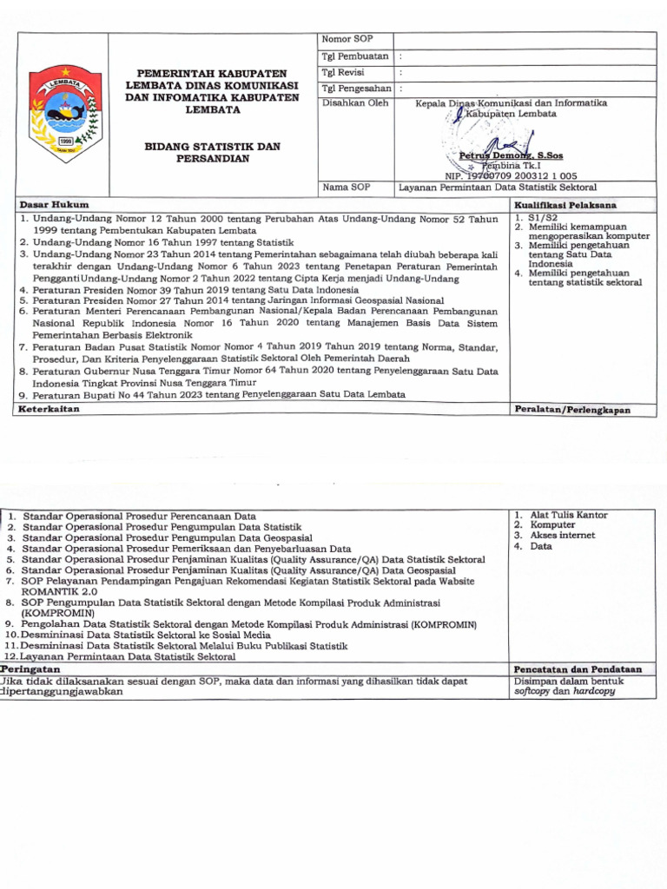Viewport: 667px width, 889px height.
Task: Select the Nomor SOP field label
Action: point(341,40)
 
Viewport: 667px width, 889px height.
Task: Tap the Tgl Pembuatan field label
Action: point(354,56)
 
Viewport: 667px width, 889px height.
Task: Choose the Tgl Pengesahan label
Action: point(357,89)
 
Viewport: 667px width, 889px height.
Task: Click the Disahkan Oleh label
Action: point(355,103)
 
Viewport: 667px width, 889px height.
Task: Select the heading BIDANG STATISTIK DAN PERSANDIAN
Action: point(213,153)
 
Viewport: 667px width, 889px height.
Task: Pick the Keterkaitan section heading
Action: point(50,408)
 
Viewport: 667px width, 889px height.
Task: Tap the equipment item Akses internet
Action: point(563,536)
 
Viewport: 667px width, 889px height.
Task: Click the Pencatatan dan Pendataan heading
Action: point(578,669)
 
